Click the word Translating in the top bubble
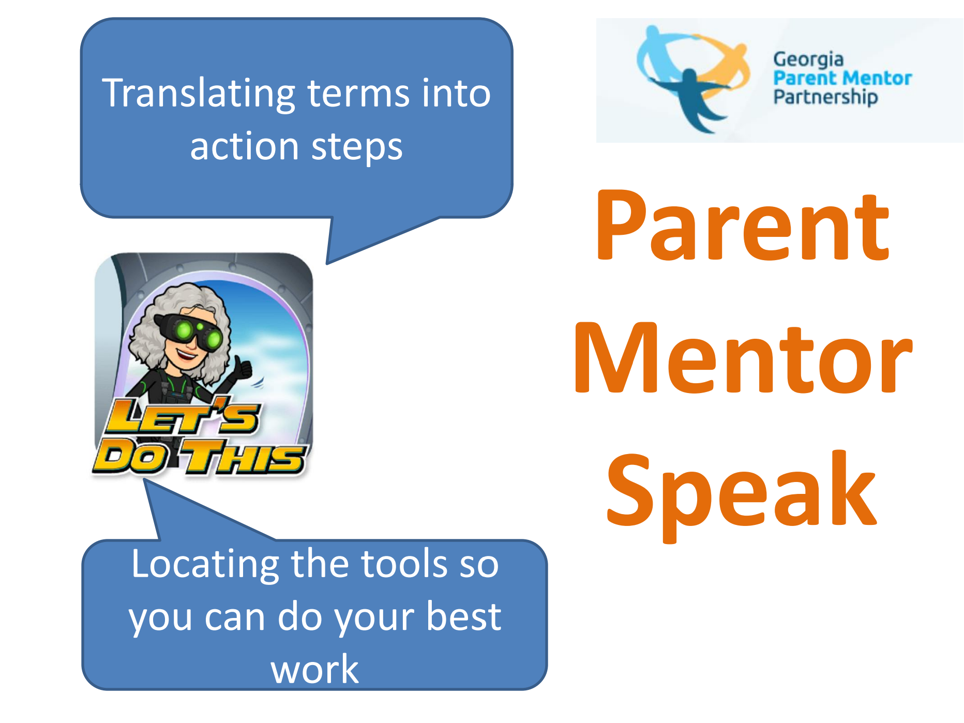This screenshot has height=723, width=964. pos(199,94)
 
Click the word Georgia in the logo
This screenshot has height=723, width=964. pos(808,60)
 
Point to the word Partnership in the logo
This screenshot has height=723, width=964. pos(825,97)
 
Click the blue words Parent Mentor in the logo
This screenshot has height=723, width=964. pos(842,78)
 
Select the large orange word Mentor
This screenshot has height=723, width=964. pos(743,358)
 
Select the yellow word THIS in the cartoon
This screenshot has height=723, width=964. pos(243,457)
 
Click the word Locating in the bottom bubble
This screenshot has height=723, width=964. pos(205,565)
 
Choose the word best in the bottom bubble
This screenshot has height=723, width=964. pos(463,616)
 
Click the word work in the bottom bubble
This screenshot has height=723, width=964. pos(314,670)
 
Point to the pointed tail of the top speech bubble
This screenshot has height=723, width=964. pos(328,263)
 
